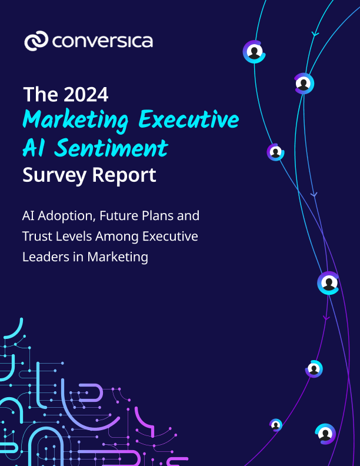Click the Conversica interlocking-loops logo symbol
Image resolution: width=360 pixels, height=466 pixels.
36,41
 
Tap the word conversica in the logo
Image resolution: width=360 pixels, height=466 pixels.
102,41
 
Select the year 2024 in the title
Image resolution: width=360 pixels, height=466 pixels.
86,95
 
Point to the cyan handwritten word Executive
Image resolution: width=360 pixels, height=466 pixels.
188,120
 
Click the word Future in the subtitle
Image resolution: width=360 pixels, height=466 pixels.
121,216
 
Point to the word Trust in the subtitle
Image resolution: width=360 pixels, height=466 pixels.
37,237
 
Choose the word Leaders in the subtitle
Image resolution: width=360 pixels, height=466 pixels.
45,257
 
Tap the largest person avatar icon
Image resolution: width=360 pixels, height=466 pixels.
328,284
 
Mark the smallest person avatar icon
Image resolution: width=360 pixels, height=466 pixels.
276,424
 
